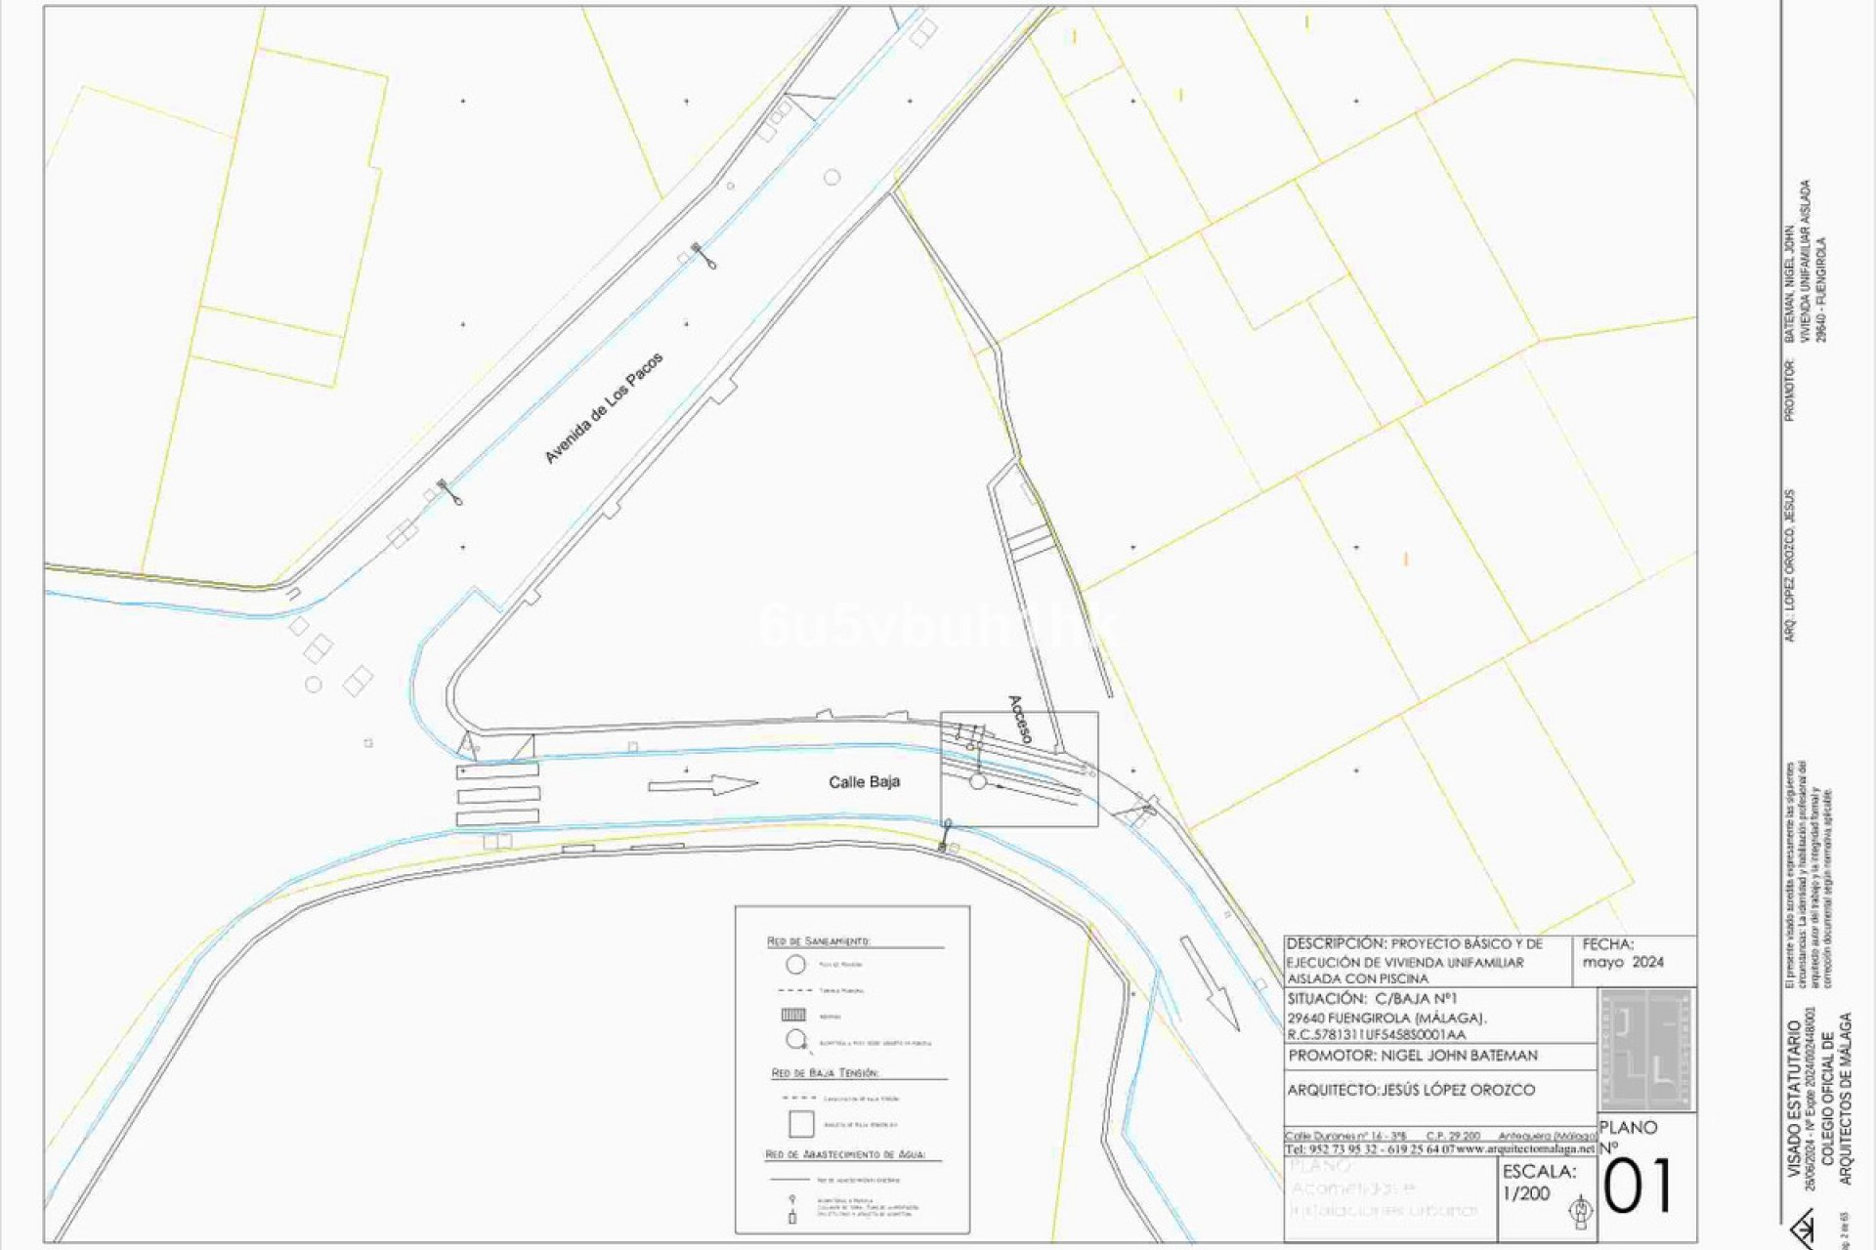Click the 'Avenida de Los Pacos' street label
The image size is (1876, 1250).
(604, 408)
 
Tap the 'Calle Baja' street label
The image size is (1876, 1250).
(864, 782)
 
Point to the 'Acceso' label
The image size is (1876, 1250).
(1020, 720)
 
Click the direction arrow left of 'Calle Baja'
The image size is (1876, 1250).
(703, 784)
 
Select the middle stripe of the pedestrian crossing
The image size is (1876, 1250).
(498, 794)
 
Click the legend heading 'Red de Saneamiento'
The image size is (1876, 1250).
(818, 941)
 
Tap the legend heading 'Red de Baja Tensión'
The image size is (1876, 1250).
(825, 1073)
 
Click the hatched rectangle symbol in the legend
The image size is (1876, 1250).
(793, 1016)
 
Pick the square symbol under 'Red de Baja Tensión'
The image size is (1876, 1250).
(801, 1124)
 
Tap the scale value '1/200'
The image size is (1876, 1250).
(1526, 1193)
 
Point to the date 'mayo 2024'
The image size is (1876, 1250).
(1623, 962)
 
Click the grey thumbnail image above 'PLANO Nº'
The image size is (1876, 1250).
(1646, 1050)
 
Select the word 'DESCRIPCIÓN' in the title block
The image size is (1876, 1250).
(1336, 944)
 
